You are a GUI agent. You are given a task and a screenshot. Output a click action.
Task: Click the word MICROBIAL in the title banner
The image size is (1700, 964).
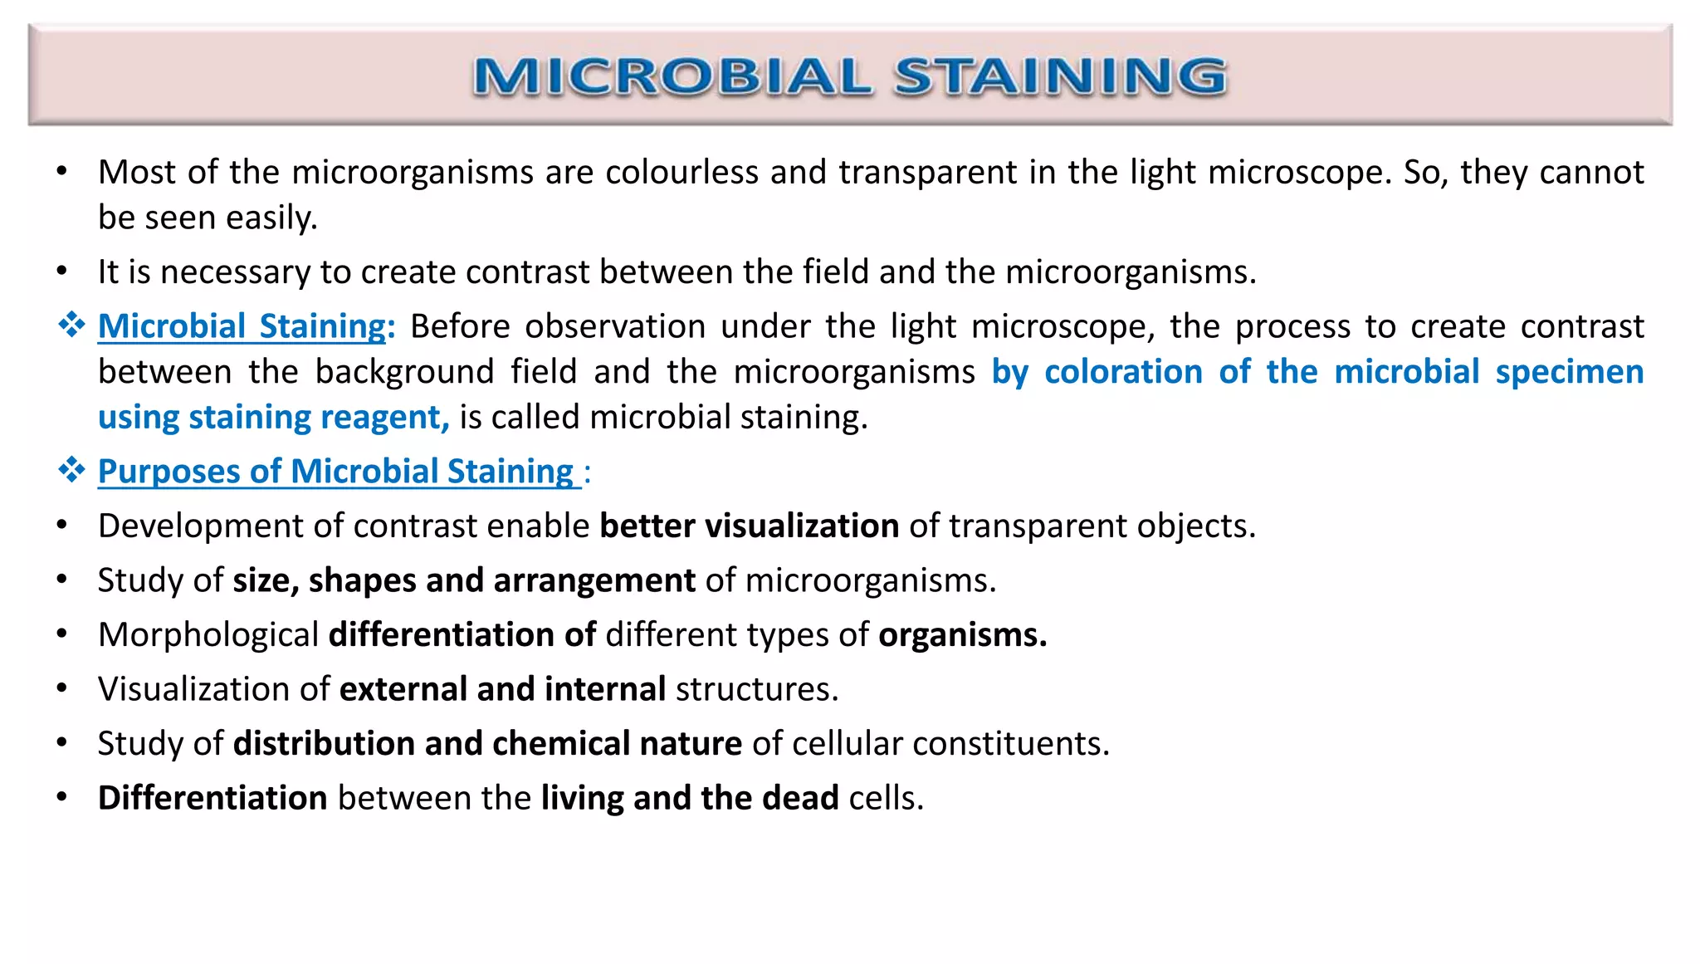click(673, 76)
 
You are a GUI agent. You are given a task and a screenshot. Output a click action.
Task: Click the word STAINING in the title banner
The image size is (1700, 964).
click(1060, 76)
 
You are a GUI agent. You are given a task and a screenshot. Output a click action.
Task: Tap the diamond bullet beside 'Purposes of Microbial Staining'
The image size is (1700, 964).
click(71, 471)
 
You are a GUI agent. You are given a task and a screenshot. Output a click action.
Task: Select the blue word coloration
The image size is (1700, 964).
click(1122, 372)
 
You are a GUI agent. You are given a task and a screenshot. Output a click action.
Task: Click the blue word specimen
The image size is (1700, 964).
click(1569, 372)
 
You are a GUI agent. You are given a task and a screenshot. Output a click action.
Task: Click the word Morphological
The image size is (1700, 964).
click(208, 635)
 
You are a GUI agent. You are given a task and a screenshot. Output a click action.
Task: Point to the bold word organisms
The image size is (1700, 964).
click(962, 635)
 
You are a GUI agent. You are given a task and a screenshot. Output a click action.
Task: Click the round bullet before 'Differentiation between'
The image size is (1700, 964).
click(61, 798)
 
